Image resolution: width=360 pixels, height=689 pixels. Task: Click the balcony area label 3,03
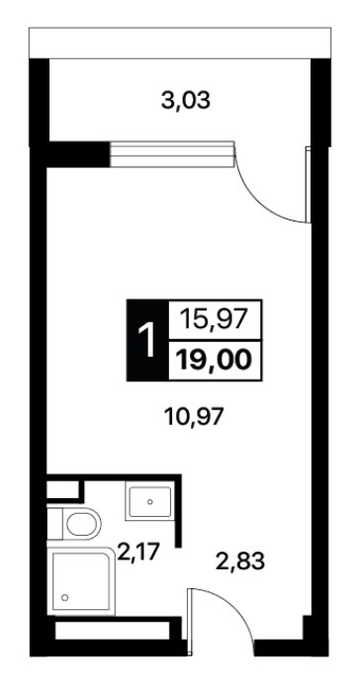(186, 101)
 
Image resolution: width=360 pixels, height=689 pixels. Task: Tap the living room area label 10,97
(194, 416)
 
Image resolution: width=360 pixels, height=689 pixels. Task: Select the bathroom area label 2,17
(137, 553)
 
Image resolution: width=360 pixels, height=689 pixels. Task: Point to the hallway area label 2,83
(240, 561)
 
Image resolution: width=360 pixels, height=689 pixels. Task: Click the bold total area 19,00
(214, 361)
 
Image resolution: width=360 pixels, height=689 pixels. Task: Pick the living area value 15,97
(215, 319)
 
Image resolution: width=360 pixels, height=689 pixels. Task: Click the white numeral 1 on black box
(147, 340)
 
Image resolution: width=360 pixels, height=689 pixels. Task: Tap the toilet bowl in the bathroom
(82, 524)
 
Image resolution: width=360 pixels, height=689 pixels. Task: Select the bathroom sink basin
(149, 501)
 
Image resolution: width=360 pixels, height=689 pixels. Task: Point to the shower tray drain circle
(65, 597)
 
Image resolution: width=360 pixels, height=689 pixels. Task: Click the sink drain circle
(150, 501)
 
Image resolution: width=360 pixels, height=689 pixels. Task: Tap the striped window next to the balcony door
(171, 154)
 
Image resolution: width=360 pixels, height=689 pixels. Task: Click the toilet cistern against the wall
(55, 524)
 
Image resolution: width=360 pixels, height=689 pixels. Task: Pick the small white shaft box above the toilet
(62, 489)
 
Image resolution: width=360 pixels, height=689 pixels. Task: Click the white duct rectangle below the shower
(113, 631)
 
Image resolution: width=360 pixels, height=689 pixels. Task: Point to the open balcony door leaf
(309, 185)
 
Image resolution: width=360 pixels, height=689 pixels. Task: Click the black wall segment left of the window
(78, 154)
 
